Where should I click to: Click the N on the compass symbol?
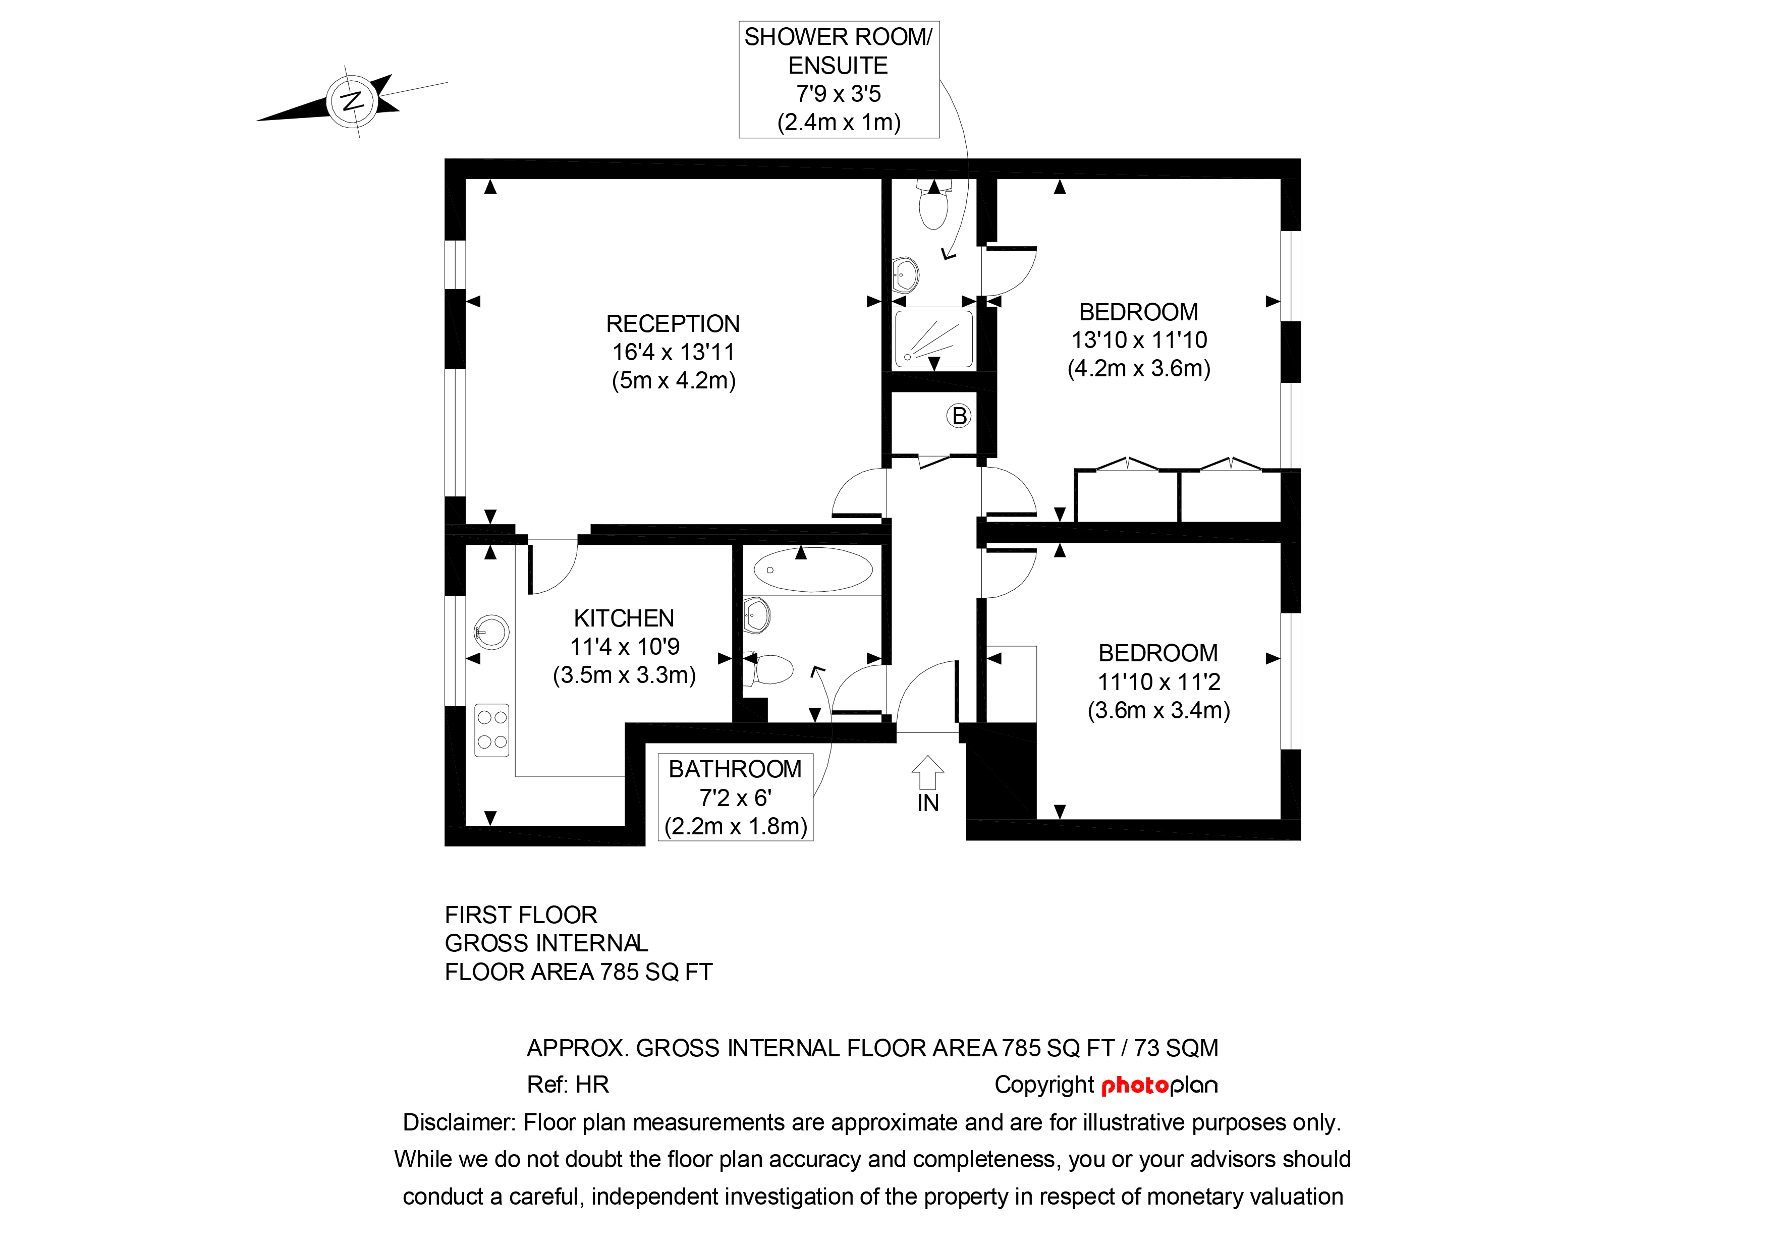point(352,101)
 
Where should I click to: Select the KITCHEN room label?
point(624,618)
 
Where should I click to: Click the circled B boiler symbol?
point(958,416)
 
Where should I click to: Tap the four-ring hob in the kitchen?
point(492,729)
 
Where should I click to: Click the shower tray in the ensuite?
point(933,337)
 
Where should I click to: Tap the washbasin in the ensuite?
point(906,273)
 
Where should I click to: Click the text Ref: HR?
point(568,1085)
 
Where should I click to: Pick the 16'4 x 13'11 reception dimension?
point(673,352)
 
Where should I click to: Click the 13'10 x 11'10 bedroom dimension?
point(1139,340)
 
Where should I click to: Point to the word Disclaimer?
point(458,1122)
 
